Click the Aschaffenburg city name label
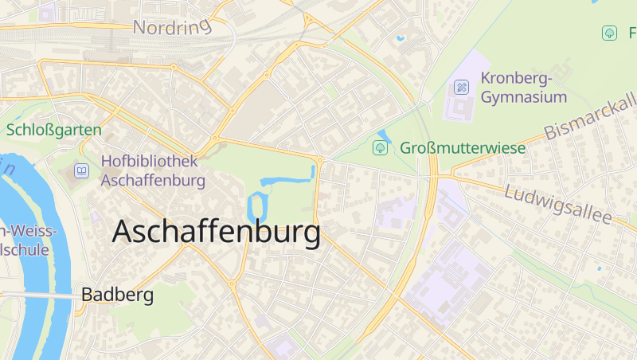click(x=217, y=232)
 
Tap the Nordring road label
click(x=172, y=27)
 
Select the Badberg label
click(x=117, y=295)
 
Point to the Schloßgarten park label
click(x=54, y=129)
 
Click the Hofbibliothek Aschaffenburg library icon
click(x=81, y=170)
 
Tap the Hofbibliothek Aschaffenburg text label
click(x=153, y=170)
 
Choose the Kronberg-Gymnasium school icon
click(x=461, y=87)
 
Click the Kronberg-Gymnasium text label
click(x=524, y=88)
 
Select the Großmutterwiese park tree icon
click(x=381, y=147)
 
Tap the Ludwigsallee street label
click(x=557, y=204)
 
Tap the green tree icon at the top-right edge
click(x=609, y=33)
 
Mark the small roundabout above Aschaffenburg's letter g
click(x=320, y=160)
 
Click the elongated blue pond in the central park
click(x=287, y=179)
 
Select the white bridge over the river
click(x=40, y=295)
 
